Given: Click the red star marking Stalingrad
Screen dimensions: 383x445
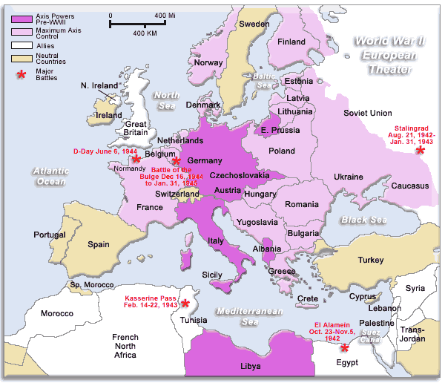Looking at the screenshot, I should click(x=421, y=150).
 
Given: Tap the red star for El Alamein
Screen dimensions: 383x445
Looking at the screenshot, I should click(x=344, y=347).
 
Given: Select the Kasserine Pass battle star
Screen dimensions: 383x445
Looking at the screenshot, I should click(x=185, y=304).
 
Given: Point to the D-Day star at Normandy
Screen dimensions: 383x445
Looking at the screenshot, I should click(x=136, y=159).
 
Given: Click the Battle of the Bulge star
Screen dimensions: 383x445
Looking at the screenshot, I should click(x=176, y=161).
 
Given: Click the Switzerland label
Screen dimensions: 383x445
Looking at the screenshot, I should click(x=177, y=194).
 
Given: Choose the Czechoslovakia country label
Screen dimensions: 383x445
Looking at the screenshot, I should click(x=238, y=176).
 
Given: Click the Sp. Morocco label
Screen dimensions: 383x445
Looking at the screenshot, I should click(x=86, y=285).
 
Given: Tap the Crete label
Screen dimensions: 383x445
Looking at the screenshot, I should click(x=307, y=298).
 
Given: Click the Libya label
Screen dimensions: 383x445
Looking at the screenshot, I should click(x=251, y=367).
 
